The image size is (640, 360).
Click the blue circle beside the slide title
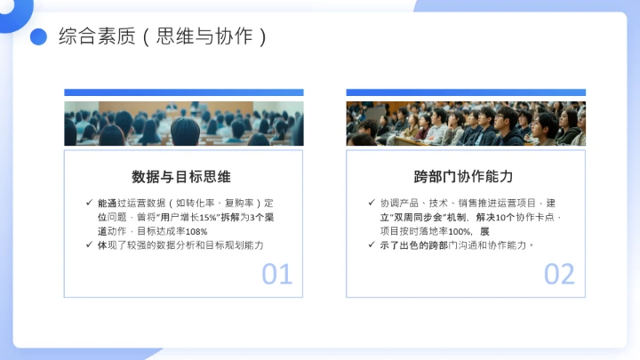tap(38, 36)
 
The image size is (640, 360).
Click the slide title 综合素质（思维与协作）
tap(163, 36)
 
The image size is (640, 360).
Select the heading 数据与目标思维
tap(182, 176)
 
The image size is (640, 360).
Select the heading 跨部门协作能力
tap(463, 176)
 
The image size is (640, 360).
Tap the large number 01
tap(276, 275)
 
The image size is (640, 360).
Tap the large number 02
tap(559, 275)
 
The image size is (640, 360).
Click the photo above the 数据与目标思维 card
tap(183, 124)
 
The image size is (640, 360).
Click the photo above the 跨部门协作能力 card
tap(466, 124)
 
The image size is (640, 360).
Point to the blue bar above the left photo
tap(183, 92)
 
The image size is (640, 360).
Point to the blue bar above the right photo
tap(466, 92)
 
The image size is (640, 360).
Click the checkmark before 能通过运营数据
tap(89, 203)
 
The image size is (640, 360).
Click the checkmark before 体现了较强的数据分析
tap(89, 244)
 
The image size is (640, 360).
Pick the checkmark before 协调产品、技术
tap(372, 203)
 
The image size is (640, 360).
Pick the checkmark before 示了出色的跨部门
tap(372, 244)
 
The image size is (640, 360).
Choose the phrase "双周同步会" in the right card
tap(416, 217)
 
